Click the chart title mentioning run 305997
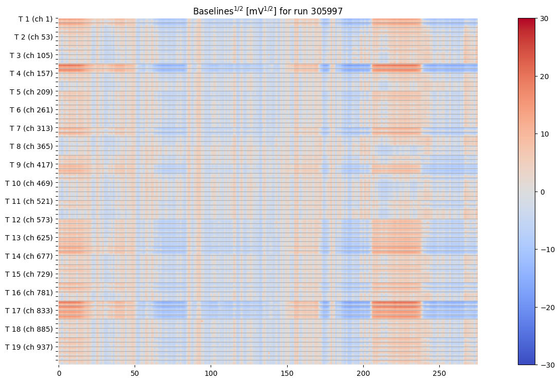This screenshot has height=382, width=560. tap(268, 11)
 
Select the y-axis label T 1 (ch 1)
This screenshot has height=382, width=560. tap(35, 19)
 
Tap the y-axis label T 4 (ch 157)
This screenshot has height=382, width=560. tap(31, 73)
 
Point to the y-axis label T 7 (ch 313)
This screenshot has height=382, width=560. tap(31, 128)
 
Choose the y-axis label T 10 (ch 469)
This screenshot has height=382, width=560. tap(29, 183)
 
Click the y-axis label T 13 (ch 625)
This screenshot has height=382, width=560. tap(29, 238)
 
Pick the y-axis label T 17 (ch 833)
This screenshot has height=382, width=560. tap(29, 311)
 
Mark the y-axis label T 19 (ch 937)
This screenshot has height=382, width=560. tap(29, 347)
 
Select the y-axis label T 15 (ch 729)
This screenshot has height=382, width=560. tap(29, 274)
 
